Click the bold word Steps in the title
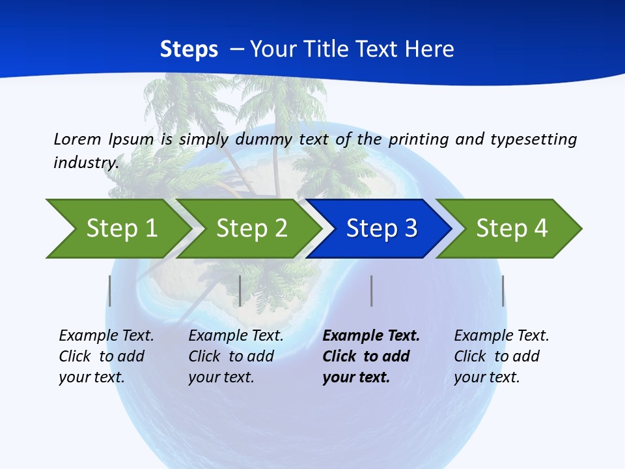[189, 50]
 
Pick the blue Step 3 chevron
[381, 229]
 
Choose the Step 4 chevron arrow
[512, 229]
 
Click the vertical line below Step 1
[110, 291]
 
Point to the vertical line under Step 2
[240, 291]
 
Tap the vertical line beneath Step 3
[371, 291]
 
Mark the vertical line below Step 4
[503, 291]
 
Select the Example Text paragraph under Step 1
[106, 356]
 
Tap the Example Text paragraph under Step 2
[236, 356]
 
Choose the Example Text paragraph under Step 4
[501, 356]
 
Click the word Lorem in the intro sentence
[77, 139]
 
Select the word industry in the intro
[86, 162]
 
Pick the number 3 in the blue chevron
[410, 229]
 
